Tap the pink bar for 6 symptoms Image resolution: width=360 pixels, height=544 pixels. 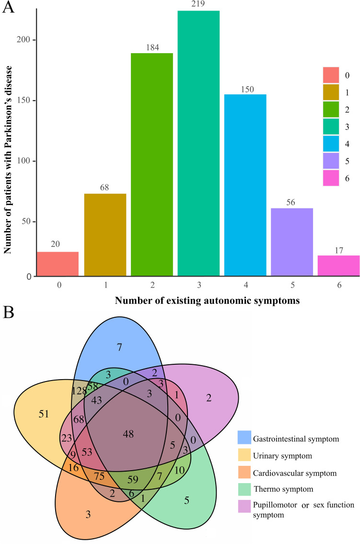pyautogui.click(x=339, y=266)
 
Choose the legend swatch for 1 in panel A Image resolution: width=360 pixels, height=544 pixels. pyautogui.click(x=330, y=93)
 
